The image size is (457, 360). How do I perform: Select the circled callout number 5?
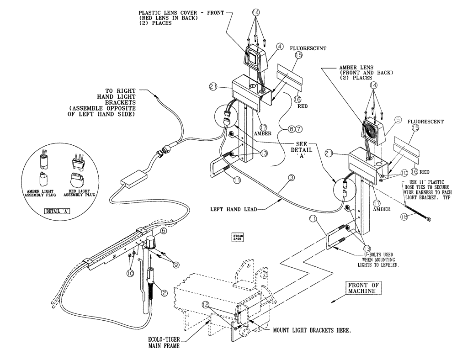pos(398,120)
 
